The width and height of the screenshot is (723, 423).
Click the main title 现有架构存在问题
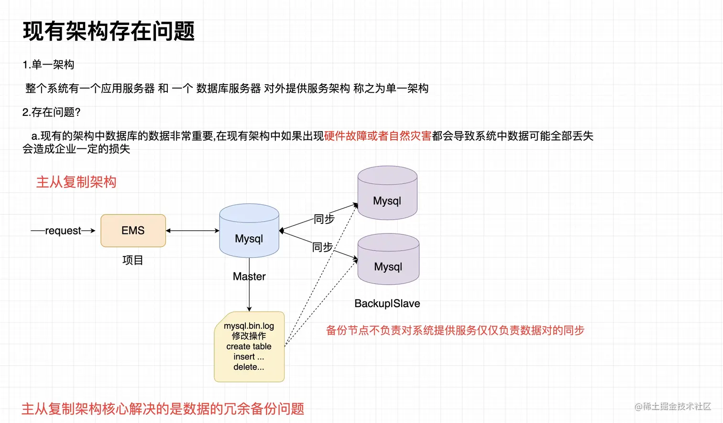coord(109,32)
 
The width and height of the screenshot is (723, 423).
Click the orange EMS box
coord(133,231)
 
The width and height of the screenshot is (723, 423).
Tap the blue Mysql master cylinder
coord(249,232)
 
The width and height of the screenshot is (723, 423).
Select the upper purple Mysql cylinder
coord(387,194)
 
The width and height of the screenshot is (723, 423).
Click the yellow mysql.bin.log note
coord(249,346)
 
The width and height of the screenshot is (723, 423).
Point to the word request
coord(63,231)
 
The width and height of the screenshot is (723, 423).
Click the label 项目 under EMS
coord(132,260)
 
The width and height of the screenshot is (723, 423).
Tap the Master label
coord(249,277)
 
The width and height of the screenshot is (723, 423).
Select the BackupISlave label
coord(387,303)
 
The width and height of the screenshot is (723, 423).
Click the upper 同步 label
coord(324,219)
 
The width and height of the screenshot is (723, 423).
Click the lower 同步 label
coord(322,247)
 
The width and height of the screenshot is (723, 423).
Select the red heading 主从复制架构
coord(77,182)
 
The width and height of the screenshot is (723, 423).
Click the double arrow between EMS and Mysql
coord(192,231)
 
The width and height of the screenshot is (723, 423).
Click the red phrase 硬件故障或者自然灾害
coord(378,136)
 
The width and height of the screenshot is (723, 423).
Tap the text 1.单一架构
coord(48,65)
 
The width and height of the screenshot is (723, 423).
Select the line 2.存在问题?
coord(52,112)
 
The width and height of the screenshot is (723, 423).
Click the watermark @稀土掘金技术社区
coord(672,406)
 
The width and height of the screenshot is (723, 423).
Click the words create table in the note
coord(249,346)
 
